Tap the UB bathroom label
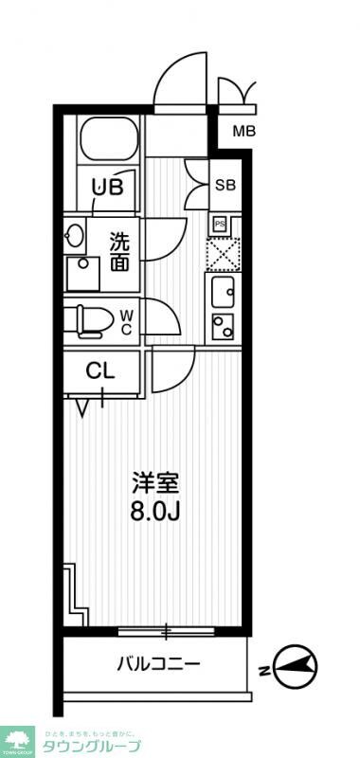pyautogui.click(x=107, y=187)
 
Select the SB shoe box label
pyautogui.click(x=225, y=185)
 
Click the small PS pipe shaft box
pyautogui.click(x=219, y=224)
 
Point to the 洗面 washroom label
pyautogui.click(x=119, y=251)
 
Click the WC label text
pyautogui.click(x=126, y=319)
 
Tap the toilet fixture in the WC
pyautogui.click(x=87, y=320)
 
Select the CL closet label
pyautogui.click(x=100, y=370)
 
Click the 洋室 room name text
pyautogui.click(x=154, y=481)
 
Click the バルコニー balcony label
pyautogui.click(x=158, y=664)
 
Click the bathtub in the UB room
pyautogui.click(x=108, y=140)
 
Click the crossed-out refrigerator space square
pyautogui.click(x=225, y=253)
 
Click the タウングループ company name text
pyautogui.click(x=91, y=746)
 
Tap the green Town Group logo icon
pyautogui.click(x=16, y=738)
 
